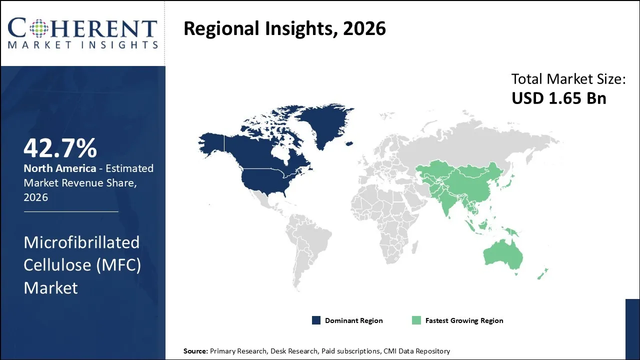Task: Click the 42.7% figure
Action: point(60,148)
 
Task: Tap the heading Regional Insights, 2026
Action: point(284,28)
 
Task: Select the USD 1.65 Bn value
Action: point(558,98)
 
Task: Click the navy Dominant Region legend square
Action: point(316,320)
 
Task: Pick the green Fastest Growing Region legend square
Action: point(416,320)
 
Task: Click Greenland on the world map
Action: point(320,122)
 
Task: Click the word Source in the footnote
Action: point(195,351)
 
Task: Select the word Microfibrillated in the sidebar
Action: point(81,242)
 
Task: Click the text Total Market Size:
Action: point(568,79)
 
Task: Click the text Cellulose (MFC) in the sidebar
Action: point(82,265)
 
